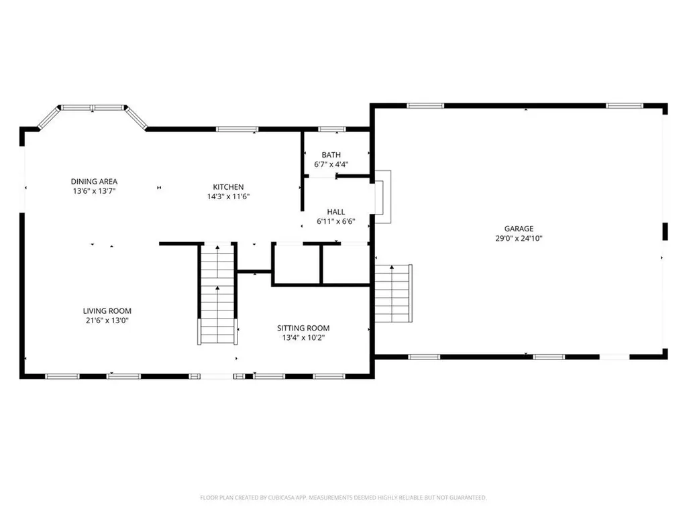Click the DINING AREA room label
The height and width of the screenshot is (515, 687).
point(95,181)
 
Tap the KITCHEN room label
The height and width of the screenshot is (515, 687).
point(228,186)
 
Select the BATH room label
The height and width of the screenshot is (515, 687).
point(331,155)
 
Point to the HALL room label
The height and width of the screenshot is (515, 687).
point(335,211)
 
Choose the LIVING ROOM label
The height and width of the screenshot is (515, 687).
point(107,310)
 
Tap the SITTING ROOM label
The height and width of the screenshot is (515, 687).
point(303,328)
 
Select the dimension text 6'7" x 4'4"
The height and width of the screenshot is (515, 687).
point(331,164)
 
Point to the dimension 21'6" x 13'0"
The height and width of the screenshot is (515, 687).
point(107,321)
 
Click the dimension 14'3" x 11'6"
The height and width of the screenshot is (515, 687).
point(228,196)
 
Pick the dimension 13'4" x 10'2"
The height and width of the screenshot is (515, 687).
point(303,338)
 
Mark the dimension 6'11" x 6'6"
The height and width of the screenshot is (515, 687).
point(335,221)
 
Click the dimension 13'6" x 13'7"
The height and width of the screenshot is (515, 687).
point(95,191)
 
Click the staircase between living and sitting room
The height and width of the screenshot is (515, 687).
point(217,295)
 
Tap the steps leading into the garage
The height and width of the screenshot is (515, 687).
point(393,293)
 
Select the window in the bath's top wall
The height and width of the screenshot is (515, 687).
point(331,129)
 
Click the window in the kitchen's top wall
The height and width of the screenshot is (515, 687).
point(237,129)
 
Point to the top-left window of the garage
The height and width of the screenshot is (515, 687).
point(425,105)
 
